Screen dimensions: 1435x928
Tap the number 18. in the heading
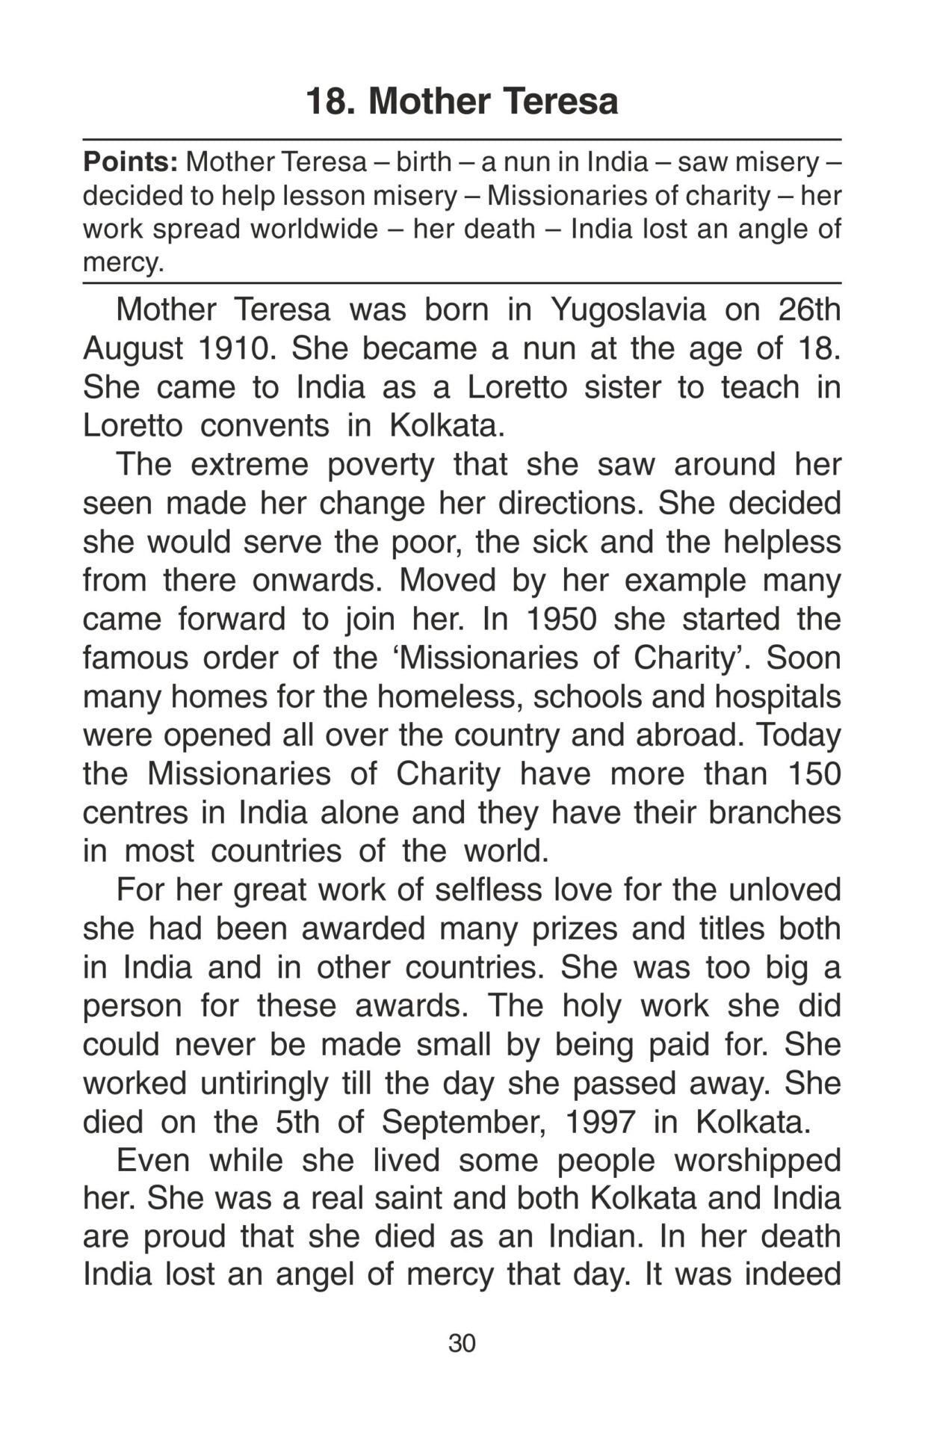(x=330, y=101)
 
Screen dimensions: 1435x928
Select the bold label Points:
(x=130, y=161)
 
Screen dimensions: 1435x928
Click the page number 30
(x=462, y=1343)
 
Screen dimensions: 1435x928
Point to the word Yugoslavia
(x=628, y=309)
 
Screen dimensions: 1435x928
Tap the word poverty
(x=381, y=465)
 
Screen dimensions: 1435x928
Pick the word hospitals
(x=777, y=697)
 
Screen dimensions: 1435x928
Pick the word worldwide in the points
(x=314, y=229)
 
